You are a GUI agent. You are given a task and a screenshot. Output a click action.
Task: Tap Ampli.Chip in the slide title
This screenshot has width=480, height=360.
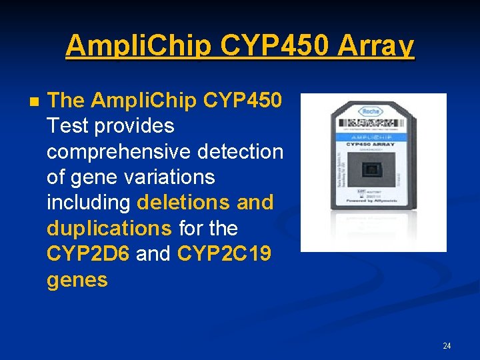point(138,47)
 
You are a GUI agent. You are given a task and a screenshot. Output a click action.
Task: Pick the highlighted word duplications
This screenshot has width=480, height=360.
point(109,228)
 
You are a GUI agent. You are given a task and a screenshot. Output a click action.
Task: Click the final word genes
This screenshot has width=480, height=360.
point(77,279)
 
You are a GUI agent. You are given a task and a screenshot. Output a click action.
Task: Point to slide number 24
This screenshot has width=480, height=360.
point(446,345)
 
